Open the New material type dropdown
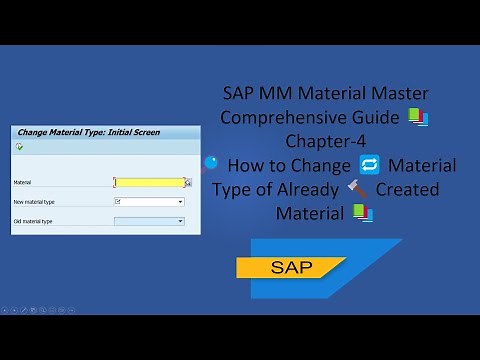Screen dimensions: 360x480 [179, 202]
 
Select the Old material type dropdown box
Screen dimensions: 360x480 [149, 221]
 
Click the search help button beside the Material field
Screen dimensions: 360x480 [188, 183]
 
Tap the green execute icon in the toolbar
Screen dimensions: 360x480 [19, 147]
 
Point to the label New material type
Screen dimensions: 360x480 [34, 202]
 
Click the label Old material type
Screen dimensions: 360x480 [33, 221]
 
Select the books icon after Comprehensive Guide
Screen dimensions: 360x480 [418, 118]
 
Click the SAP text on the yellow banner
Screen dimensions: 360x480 [291, 268]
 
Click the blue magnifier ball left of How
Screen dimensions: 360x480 [210, 162]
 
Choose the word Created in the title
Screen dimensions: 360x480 [407, 189]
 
